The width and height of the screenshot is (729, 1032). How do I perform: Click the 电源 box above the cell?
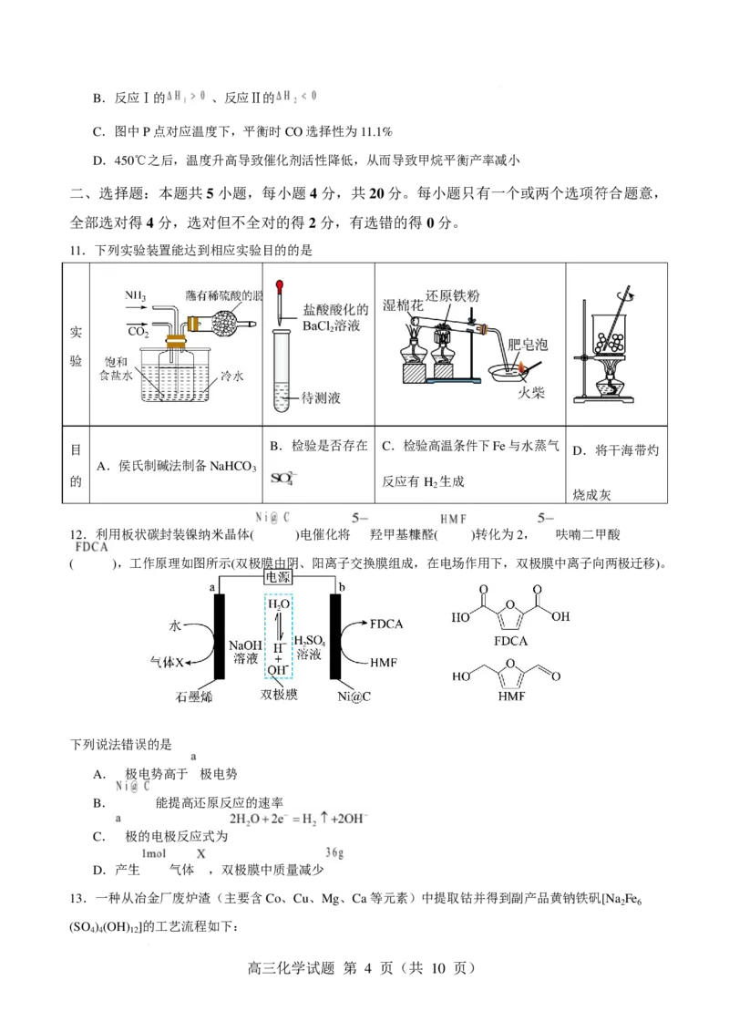coord(277,577)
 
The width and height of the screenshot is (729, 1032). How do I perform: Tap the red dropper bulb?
coord(281,287)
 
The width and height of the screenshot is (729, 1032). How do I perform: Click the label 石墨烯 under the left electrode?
coord(194,696)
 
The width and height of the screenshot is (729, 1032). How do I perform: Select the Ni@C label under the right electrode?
coord(354,696)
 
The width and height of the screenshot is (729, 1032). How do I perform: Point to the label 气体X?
coord(167,662)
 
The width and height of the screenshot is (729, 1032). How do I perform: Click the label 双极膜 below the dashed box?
coord(279,695)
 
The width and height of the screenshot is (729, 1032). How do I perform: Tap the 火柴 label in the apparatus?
coord(531,393)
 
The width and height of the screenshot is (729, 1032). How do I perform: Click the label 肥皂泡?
coord(528,345)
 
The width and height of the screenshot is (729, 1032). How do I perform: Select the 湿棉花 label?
coord(403,304)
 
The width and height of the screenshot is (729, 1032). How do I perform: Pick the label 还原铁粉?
coord(453,295)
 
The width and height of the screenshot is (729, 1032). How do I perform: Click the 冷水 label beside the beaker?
coord(231,376)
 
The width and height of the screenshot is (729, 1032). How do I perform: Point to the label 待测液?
coord(321,397)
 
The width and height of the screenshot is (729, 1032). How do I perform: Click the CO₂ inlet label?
coord(139,331)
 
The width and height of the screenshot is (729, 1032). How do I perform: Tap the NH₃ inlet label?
coord(136,296)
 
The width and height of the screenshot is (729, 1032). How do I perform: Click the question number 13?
coord(77,898)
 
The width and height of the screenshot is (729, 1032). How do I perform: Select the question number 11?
coord(77,250)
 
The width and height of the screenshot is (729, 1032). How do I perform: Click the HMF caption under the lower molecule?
coord(511,697)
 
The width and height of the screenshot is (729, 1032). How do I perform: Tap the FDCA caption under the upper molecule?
coord(510,641)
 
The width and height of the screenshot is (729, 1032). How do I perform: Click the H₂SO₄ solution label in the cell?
coord(309,647)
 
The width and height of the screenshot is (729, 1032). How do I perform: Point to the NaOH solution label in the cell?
coord(245,652)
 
